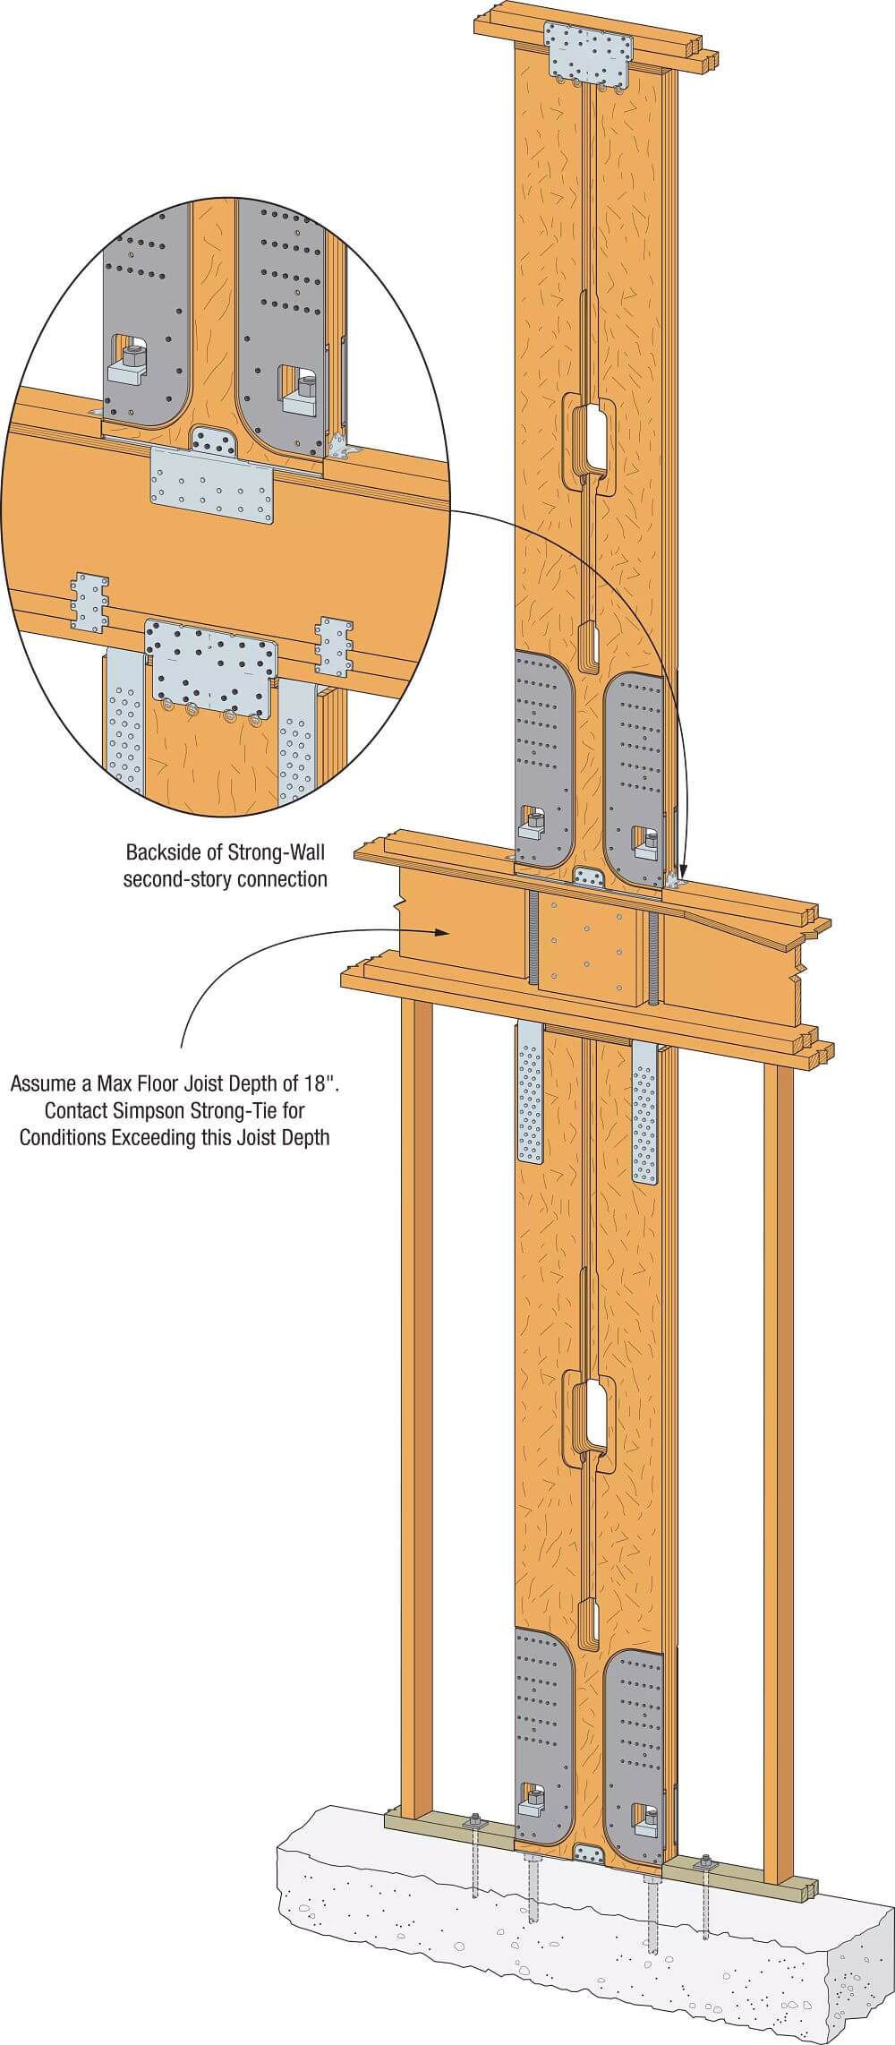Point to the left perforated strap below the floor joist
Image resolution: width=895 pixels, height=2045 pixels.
pyautogui.click(x=531, y=1093)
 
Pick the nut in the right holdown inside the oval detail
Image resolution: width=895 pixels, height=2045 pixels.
pyautogui.click(x=306, y=386)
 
